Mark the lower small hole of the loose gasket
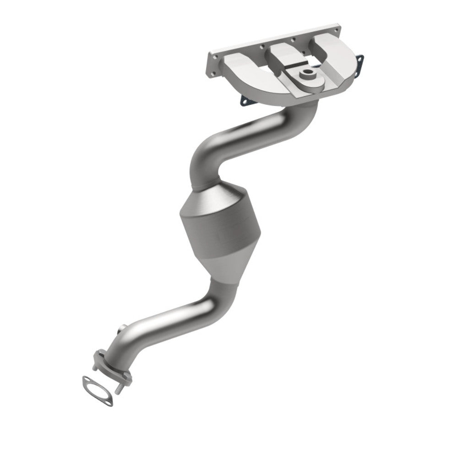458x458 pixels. click(110, 401)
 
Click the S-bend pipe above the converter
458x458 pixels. click(238, 137)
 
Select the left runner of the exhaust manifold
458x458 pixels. click(243, 69)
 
